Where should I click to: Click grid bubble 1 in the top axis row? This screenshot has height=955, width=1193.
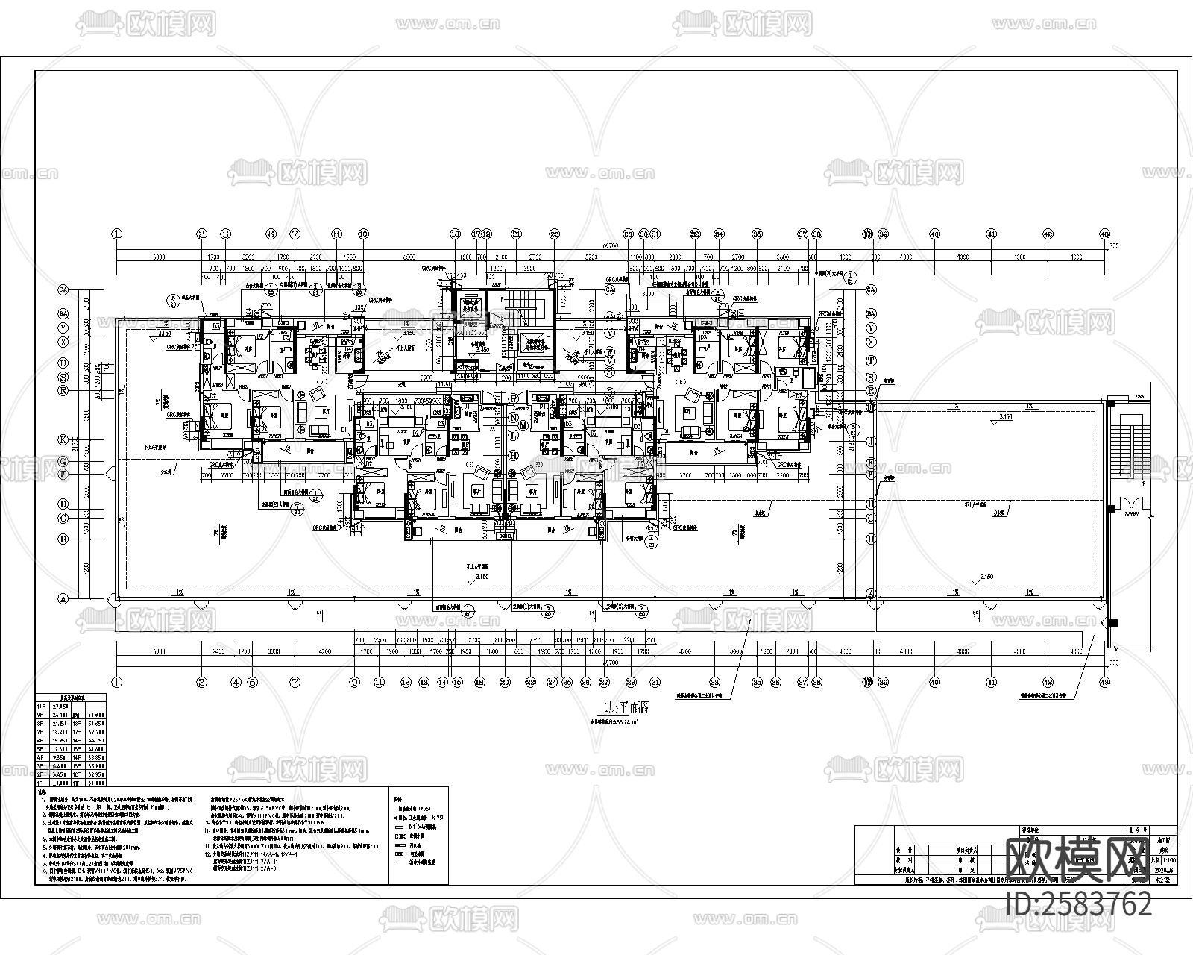116,234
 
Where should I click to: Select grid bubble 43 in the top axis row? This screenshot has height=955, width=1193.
1104,234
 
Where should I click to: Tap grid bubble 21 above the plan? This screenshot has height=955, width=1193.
516,234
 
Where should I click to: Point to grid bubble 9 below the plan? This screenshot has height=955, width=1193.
355,681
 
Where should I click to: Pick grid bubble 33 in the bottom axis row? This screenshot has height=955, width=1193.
714,681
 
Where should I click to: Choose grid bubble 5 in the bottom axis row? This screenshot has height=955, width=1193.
252,681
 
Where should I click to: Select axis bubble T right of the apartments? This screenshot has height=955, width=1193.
870,360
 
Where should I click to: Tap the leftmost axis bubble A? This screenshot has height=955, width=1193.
64,598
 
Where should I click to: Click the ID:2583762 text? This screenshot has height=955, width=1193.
1078,904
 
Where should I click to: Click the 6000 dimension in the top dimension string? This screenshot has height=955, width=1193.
409,256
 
